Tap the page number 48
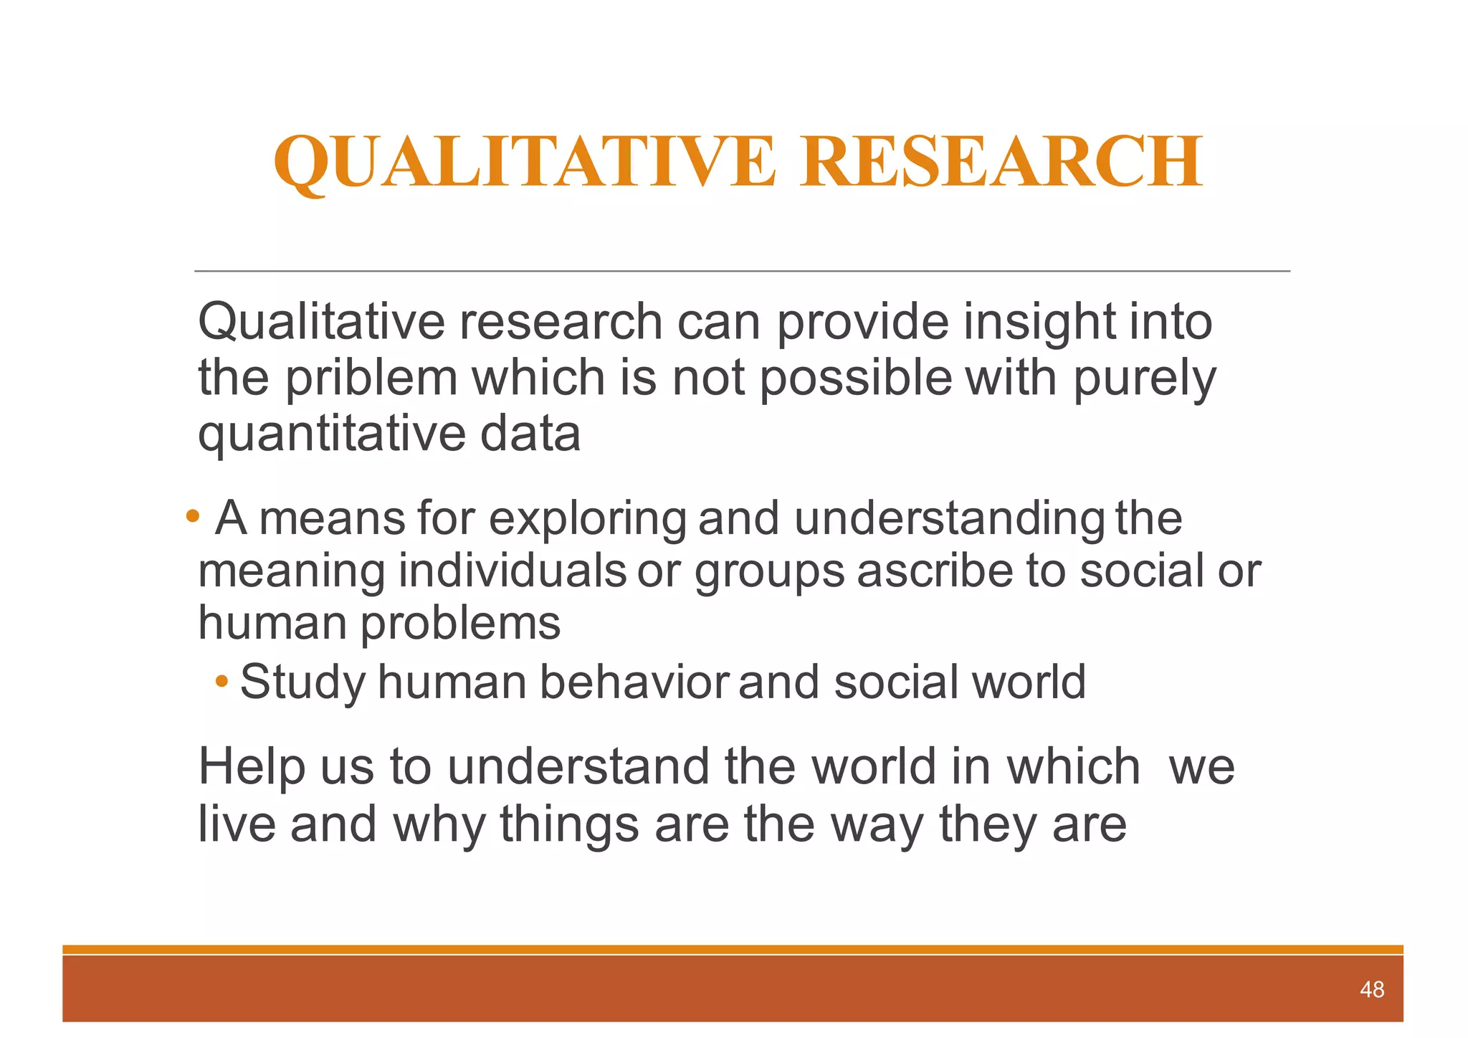(x=1371, y=989)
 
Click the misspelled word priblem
(x=371, y=378)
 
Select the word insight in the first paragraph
(x=1039, y=322)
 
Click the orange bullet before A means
(x=191, y=515)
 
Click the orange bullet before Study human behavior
(x=222, y=680)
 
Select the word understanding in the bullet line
(x=950, y=518)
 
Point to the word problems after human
(x=460, y=623)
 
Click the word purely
(x=1144, y=378)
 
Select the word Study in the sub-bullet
(x=302, y=682)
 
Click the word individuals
(x=512, y=571)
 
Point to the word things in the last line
(x=569, y=824)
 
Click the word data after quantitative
(x=530, y=434)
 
